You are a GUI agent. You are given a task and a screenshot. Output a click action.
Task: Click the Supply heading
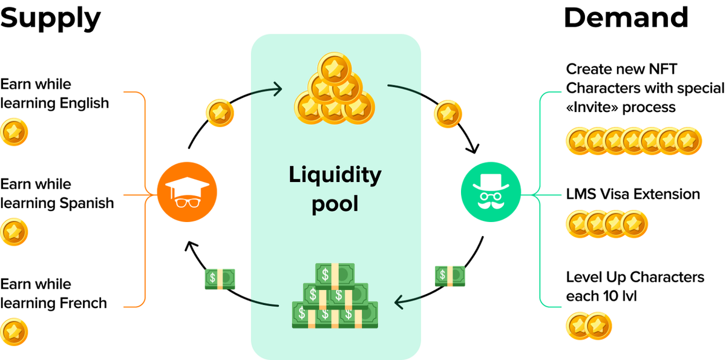click(50, 19)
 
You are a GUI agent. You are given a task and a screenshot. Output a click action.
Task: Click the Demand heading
click(626, 18)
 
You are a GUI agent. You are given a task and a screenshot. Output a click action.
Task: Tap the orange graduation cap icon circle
click(187, 192)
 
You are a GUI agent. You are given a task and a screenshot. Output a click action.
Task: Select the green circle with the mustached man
click(491, 192)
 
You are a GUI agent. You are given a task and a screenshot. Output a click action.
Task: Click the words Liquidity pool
click(335, 189)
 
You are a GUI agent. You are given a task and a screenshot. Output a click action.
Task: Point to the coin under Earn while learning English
click(14, 132)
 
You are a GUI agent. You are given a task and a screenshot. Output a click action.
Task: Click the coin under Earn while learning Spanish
click(14, 232)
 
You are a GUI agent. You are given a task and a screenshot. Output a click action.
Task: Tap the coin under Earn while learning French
click(14, 332)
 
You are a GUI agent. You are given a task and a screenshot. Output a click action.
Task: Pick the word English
click(84, 103)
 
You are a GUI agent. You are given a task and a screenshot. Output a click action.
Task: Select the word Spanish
click(87, 203)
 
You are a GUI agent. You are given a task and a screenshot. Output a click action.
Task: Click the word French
click(83, 303)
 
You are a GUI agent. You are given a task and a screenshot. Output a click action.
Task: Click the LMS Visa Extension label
click(633, 194)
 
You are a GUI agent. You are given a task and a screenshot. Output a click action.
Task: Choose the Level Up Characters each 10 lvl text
click(635, 286)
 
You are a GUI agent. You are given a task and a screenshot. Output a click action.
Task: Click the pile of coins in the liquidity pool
click(335, 88)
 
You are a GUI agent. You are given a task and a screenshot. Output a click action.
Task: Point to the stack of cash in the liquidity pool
click(335, 295)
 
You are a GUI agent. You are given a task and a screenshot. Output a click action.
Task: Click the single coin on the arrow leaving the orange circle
click(220, 113)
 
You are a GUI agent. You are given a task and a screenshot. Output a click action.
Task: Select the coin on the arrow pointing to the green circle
click(448, 114)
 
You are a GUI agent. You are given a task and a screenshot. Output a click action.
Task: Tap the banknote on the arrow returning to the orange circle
click(220, 279)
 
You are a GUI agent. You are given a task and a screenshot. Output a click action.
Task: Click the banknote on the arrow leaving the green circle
click(450, 276)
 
